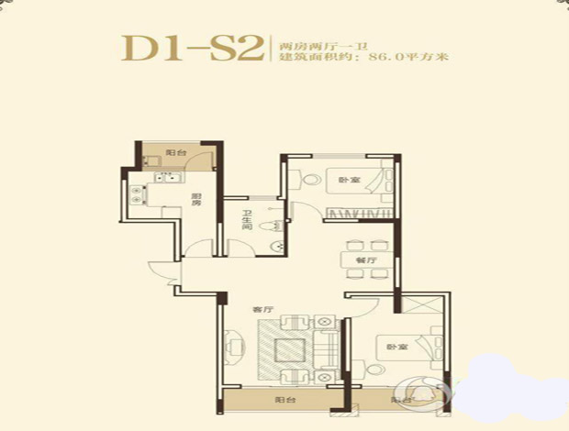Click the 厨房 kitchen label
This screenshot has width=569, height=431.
196,204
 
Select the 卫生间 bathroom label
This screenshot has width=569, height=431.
246,223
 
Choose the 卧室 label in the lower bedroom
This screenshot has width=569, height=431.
394,347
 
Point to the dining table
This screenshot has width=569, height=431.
367,246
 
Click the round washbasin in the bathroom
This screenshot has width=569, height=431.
276,243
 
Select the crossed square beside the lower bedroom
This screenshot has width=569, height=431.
422,312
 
